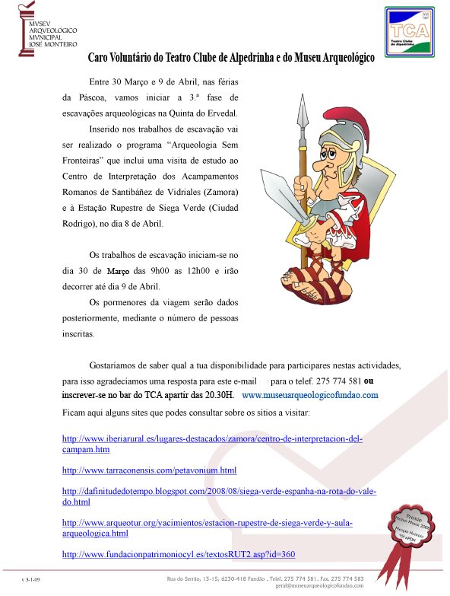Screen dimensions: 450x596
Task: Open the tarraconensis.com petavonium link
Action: (149, 470)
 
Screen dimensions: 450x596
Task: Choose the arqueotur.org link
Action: (207, 523)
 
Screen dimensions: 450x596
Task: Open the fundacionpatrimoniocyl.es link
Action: (178, 553)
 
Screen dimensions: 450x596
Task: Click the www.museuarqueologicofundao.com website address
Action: (309, 396)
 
